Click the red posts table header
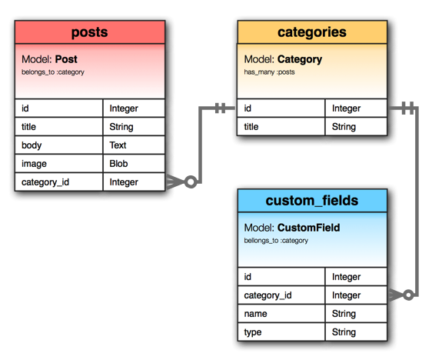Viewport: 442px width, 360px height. tap(89, 32)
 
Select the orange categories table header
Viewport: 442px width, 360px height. tap(311, 32)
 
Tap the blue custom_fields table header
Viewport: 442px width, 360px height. tap(311, 201)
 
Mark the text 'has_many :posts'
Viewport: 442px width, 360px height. tap(270, 72)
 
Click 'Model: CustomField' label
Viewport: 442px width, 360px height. tap(291, 228)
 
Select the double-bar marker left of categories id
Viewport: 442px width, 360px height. tap(221, 108)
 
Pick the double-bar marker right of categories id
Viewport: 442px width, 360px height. tap(406, 108)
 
